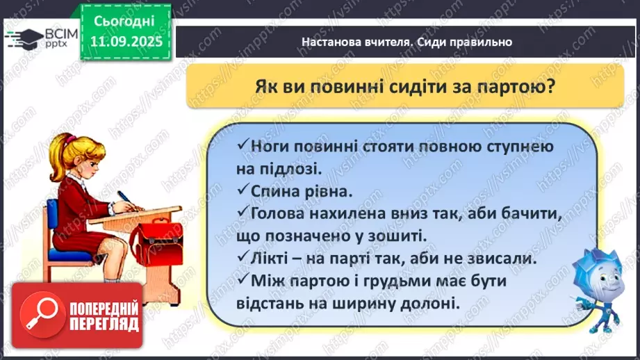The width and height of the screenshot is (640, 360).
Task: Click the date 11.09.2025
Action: (126, 40)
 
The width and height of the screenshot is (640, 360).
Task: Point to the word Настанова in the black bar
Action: (333, 42)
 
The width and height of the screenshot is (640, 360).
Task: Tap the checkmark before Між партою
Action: (243, 281)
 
